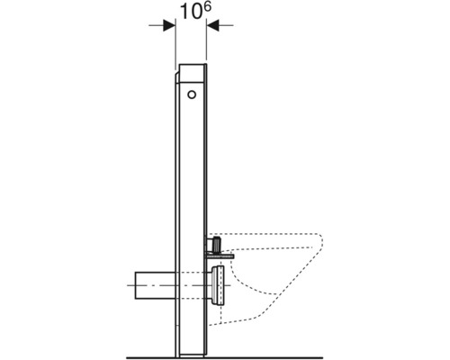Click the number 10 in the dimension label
(184, 14)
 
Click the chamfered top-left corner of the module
(179, 66)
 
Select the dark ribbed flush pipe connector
(216, 244)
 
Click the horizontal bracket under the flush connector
(220, 256)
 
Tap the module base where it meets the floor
(192, 349)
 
